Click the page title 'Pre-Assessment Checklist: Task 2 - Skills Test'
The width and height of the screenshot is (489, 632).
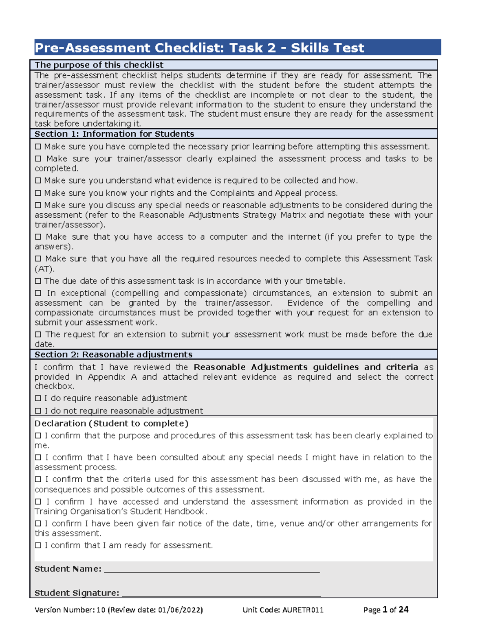click(199, 48)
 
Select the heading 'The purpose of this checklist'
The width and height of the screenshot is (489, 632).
click(99, 65)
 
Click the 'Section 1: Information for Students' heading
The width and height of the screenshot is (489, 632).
click(114, 134)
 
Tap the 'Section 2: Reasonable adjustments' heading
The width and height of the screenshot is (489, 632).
click(113, 354)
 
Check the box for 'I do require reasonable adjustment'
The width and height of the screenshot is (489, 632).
click(38, 398)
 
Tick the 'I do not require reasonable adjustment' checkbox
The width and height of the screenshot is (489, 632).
click(38, 411)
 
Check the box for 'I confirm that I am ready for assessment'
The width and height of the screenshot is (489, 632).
click(38, 545)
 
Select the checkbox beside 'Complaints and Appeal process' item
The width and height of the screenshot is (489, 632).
click(38, 193)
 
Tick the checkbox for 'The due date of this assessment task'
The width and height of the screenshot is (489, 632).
click(38, 281)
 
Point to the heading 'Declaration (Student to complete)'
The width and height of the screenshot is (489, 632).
click(111, 424)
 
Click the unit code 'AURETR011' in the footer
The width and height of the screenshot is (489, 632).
click(303, 610)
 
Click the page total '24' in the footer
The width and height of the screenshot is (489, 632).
click(403, 609)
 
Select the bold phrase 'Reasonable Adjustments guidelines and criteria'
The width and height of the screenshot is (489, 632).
click(306, 367)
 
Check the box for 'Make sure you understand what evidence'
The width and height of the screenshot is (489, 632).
click(38, 181)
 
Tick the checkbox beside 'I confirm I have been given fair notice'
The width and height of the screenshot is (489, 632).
click(38, 524)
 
